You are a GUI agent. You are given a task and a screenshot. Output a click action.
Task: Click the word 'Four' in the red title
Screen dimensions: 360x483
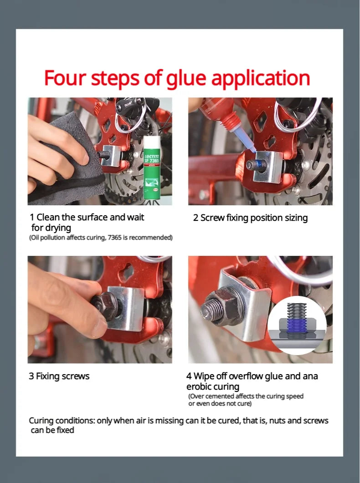coord(65,78)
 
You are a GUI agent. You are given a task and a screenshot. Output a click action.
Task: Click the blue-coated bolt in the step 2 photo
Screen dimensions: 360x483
coord(257,165)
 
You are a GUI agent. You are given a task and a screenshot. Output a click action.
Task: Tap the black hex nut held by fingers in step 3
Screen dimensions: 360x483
coord(105,306)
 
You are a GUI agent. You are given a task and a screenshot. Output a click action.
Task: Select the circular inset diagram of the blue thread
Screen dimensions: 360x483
coord(297,325)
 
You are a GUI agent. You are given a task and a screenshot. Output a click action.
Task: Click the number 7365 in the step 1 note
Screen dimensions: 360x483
coord(115,238)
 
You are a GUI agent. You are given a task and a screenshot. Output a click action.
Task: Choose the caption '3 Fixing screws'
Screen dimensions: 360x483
coord(59,376)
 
